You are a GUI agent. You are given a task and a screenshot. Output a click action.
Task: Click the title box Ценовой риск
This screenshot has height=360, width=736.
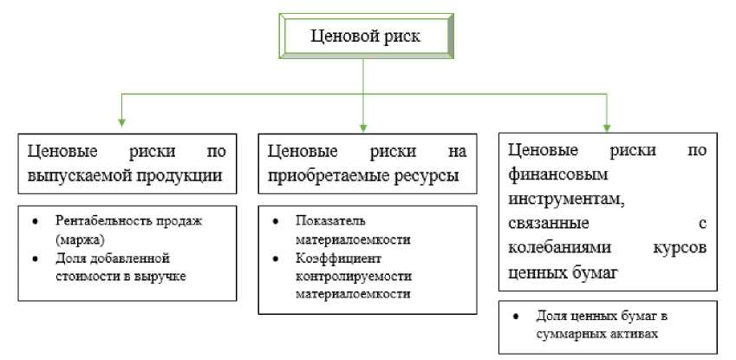(365, 36)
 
